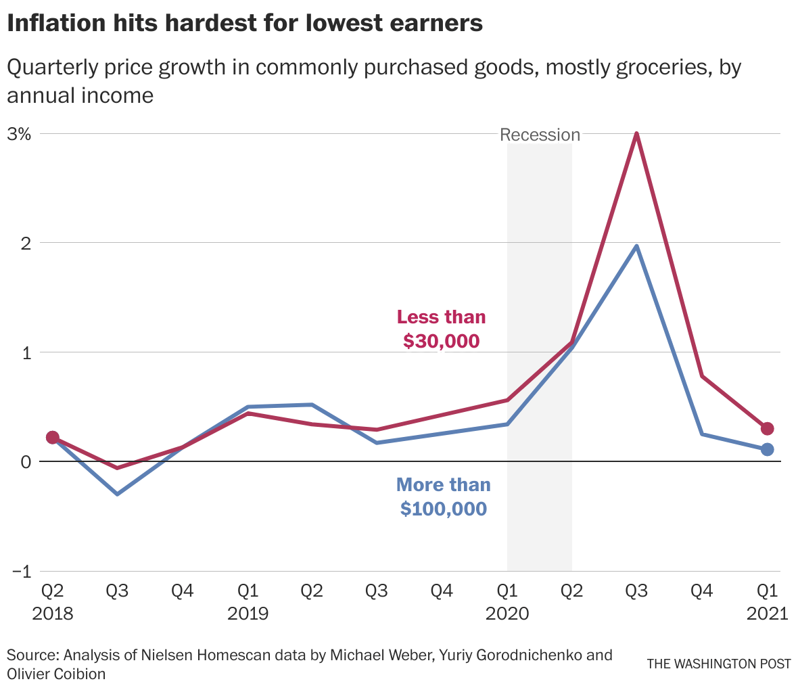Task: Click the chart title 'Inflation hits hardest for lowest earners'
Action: tap(245, 24)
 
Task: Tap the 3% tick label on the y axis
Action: tap(20, 134)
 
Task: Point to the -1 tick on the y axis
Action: tap(21, 571)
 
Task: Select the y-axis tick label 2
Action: tap(26, 243)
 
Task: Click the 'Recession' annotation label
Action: tap(540, 135)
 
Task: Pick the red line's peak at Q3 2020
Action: tap(636, 134)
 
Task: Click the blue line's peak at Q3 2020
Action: tap(636, 246)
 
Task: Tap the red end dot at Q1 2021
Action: tap(767, 429)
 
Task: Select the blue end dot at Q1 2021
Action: tap(767, 449)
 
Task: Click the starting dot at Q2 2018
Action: tap(53, 438)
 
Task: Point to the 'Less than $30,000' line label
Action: tap(441, 329)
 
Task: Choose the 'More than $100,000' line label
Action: tap(443, 497)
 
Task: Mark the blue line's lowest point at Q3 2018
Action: tap(118, 494)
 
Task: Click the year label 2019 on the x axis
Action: tap(248, 614)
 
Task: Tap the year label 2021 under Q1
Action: tap(767, 614)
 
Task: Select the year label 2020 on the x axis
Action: tap(507, 614)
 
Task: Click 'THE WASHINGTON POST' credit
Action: tap(718, 664)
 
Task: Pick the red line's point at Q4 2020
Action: tap(702, 376)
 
